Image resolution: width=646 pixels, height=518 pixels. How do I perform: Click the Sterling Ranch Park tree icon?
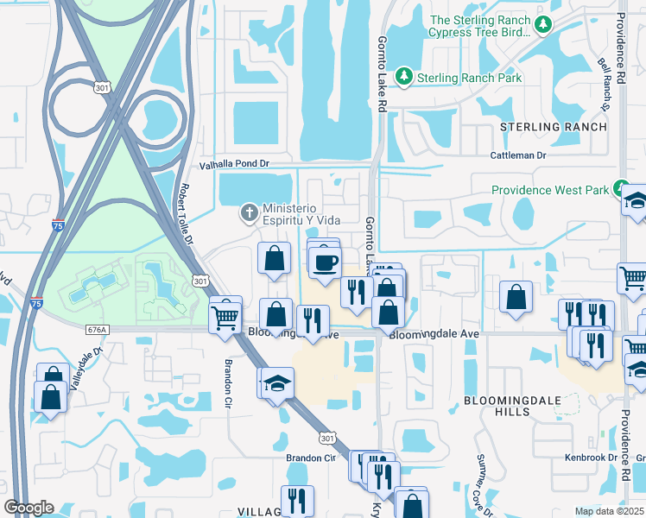click(x=403, y=78)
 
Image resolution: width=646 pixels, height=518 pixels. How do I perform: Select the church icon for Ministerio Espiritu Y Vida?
click(x=249, y=212)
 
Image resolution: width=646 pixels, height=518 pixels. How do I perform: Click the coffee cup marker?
click(x=325, y=262)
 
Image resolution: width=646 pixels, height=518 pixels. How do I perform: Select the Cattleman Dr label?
click(x=518, y=155)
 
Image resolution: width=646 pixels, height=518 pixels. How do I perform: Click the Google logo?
click(x=28, y=508)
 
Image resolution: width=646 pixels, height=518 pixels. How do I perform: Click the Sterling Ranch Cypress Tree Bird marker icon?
click(x=543, y=26)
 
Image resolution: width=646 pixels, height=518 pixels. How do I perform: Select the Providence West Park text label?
click(x=550, y=190)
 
